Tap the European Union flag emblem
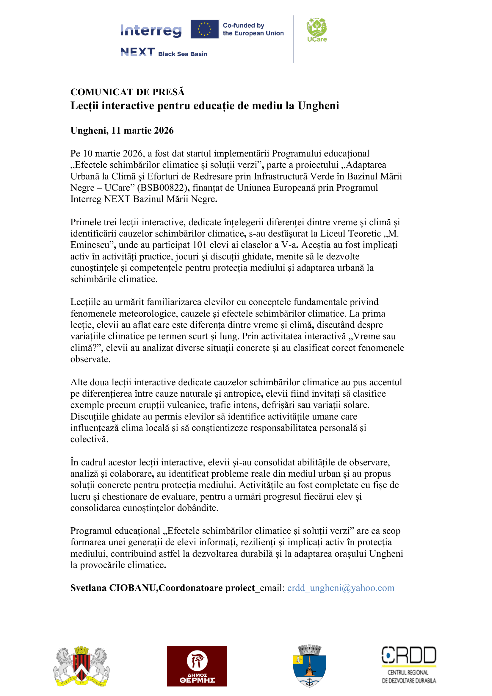pyautogui.click(x=204, y=29)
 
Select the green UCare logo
pyautogui.click(x=317, y=30)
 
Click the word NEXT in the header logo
pyautogui.click(x=137, y=52)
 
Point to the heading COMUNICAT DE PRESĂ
pyautogui.click(x=127, y=92)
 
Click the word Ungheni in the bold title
pyautogui.click(x=318, y=106)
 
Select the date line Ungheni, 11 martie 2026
pyautogui.click(x=122, y=130)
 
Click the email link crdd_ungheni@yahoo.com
pyautogui.click(x=341, y=588)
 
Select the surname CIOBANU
pyautogui.click(x=132, y=588)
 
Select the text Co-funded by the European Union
pyautogui.click(x=253, y=29)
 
